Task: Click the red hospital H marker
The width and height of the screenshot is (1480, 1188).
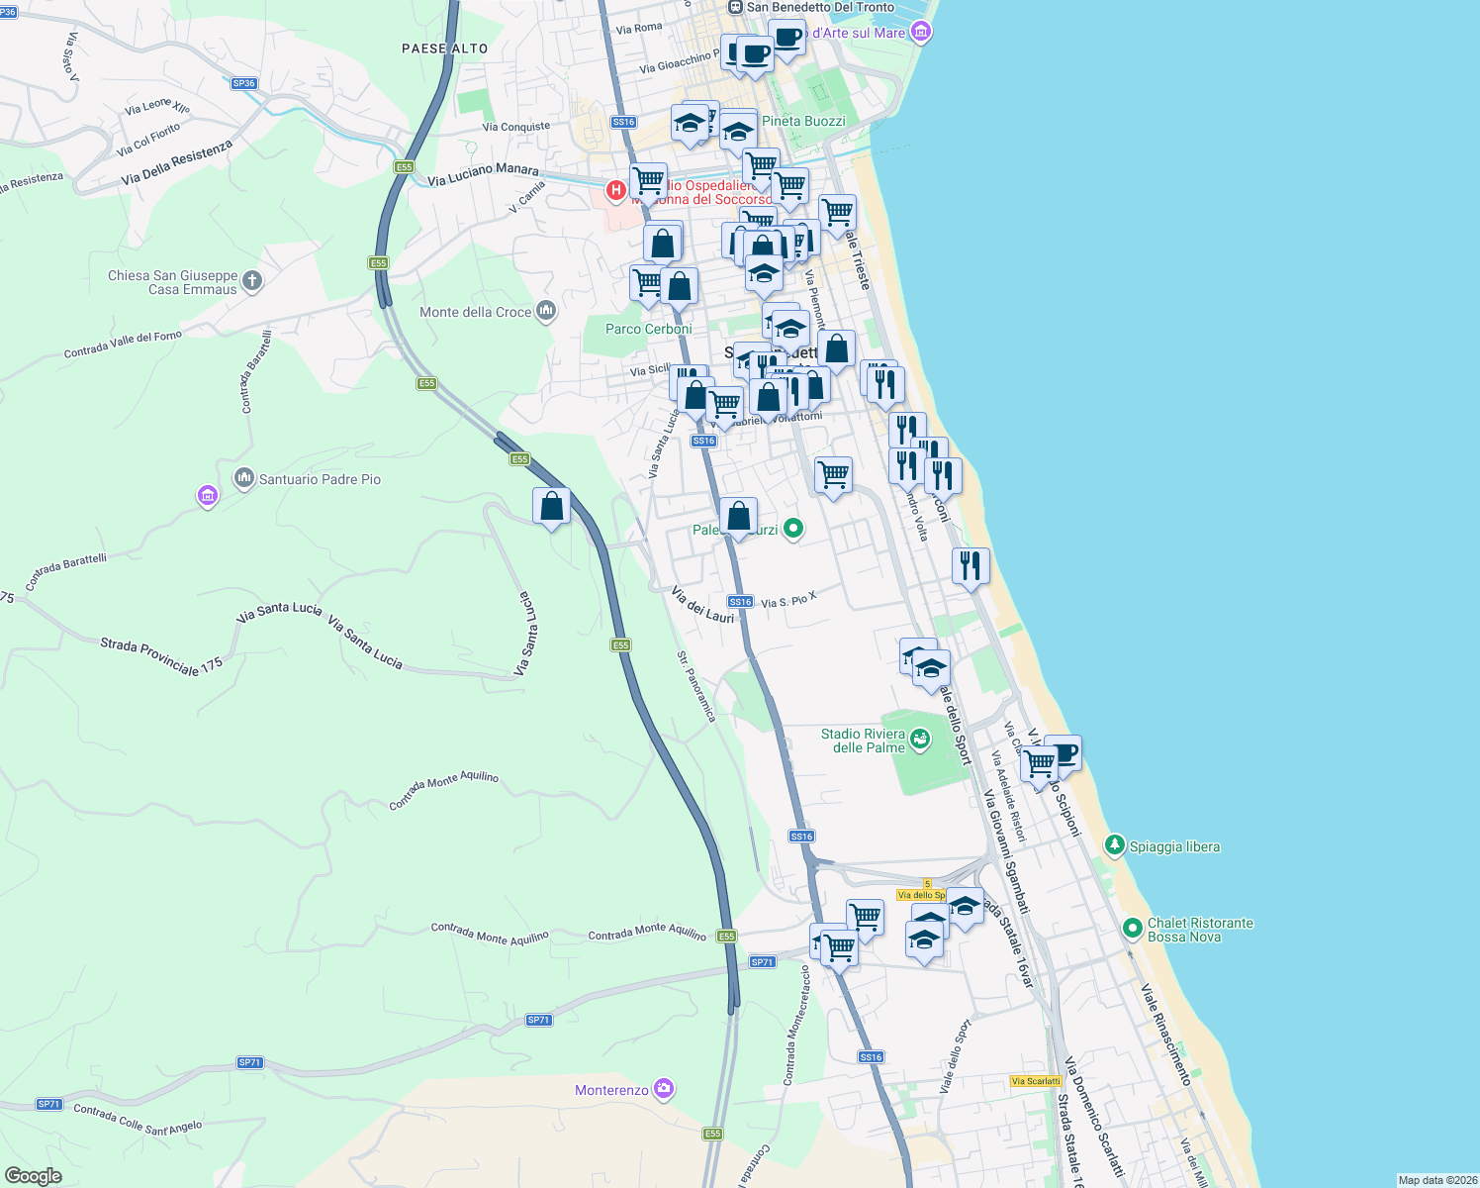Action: tap(616, 189)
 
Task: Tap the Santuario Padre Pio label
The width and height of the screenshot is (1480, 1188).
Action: tap(320, 479)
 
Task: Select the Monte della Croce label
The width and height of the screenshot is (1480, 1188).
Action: tap(476, 312)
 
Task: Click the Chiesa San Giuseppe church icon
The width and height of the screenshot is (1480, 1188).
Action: tap(252, 281)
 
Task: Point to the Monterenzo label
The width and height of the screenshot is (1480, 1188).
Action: tap(612, 1090)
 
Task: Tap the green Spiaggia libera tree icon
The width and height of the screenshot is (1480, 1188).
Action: tap(1115, 844)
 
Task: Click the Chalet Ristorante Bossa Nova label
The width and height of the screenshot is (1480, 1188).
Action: tap(1199, 930)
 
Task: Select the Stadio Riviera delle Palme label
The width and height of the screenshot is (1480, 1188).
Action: tap(863, 741)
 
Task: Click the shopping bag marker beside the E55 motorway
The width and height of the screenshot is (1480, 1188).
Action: tap(551, 507)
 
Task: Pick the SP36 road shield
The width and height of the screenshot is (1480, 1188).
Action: tap(244, 83)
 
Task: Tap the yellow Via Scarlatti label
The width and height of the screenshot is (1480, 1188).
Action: tap(1036, 1081)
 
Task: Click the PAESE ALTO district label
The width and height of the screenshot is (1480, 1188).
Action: tap(445, 49)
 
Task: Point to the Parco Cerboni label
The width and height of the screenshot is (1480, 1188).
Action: tap(649, 329)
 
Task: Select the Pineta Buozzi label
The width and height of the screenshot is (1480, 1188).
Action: tap(803, 121)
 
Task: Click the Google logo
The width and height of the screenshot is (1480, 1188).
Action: tap(33, 1175)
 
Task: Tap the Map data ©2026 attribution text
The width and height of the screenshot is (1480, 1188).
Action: tap(1436, 1180)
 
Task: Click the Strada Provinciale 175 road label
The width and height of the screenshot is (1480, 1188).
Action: tap(161, 656)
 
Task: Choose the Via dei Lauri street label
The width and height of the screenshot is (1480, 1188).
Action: tap(702, 605)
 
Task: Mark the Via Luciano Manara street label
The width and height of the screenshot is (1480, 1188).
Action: tap(483, 174)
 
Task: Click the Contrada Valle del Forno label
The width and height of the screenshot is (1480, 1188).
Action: tap(123, 345)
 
